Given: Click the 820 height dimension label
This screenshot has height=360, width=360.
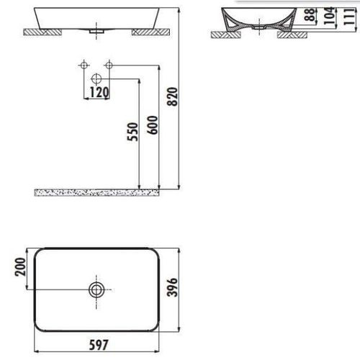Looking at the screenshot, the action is point(173,96).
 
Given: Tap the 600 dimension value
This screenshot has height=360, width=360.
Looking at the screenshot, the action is point(153,125).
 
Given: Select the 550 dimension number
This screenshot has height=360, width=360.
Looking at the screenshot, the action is point(133,132).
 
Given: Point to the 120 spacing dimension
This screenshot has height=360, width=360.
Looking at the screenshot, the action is point(99,92).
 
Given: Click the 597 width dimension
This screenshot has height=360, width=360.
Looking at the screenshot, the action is point(99,345).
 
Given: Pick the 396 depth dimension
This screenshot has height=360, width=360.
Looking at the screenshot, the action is point(172,287).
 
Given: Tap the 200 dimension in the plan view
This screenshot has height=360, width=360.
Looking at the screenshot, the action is point(20,266).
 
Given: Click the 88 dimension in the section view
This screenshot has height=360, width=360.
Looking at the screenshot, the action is point(310,14).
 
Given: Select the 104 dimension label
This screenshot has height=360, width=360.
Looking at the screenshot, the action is point(329,16).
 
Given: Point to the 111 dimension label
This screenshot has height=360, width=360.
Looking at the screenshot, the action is point(348,16).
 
